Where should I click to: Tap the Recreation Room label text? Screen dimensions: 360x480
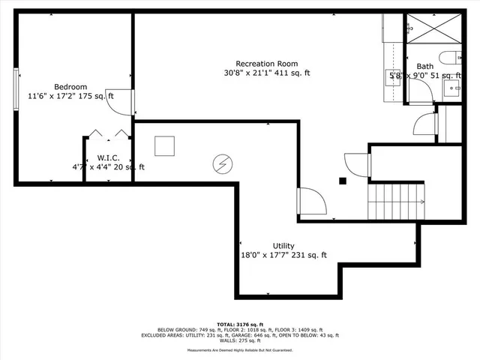click(x=266, y=63)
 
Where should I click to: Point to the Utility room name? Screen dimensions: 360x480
click(x=283, y=245)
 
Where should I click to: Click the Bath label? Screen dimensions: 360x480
click(x=424, y=66)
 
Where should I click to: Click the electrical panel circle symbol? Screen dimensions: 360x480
click(x=223, y=163)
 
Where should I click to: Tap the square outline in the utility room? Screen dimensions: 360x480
click(x=164, y=145)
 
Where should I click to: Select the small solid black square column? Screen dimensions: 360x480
click(x=342, y=180)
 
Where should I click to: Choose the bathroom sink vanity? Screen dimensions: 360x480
click(x=455, y=88)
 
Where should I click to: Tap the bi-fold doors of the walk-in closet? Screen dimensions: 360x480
click(x=108, y=133)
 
